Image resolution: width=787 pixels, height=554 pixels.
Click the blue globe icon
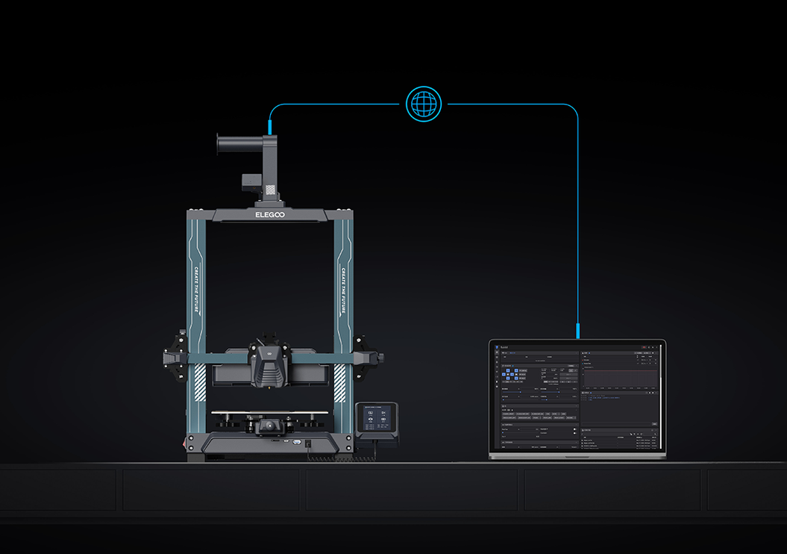[x=423, y=104]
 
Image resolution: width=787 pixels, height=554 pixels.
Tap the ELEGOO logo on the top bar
[x=270, y=215]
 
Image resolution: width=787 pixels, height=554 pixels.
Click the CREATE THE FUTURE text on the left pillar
[x=197, y=291]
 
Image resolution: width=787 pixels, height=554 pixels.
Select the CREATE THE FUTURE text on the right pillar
[x=343, y=291]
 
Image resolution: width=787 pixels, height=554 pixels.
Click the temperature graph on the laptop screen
[x=621, y=378]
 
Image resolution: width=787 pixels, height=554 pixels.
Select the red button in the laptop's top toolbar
[x=644, y=347]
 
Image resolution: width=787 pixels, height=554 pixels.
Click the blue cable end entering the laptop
[x=578, y=331]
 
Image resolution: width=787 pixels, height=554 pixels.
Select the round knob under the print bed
[x=267, y=427]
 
